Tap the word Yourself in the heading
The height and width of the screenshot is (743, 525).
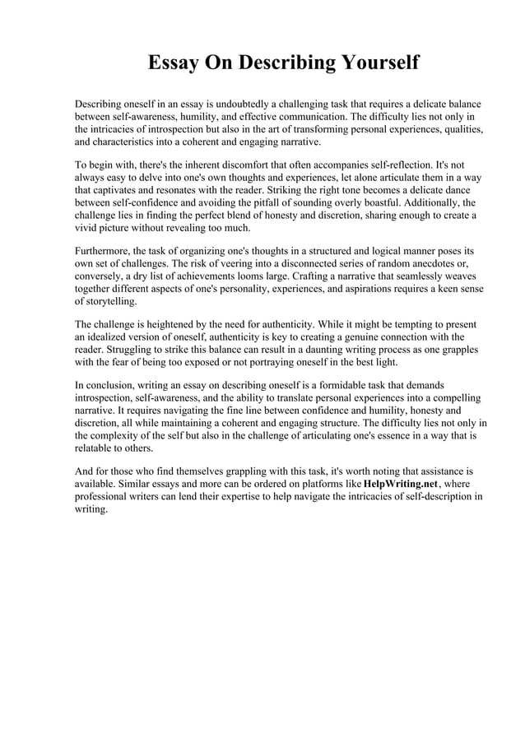(374, 64)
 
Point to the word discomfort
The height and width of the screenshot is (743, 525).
(246, 164)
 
